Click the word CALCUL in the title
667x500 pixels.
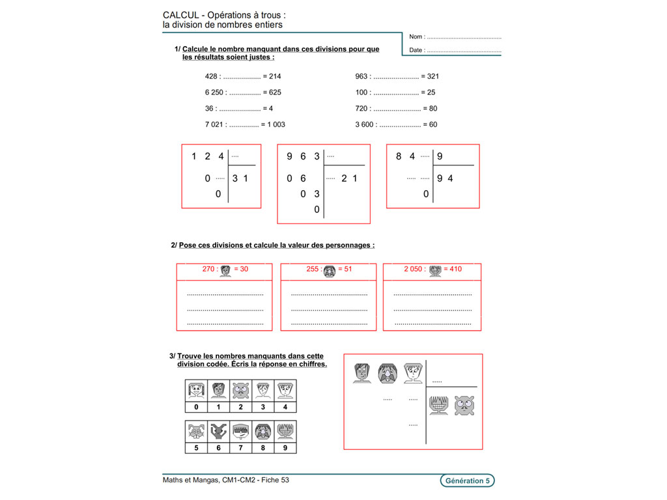181,14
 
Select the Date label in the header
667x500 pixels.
417,49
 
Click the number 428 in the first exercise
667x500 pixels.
211,76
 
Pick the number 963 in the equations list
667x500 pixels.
362,76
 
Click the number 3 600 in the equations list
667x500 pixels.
364,124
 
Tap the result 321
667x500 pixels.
432,76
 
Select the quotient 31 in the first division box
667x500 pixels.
241,178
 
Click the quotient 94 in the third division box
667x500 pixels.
446,178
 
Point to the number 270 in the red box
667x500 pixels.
210,269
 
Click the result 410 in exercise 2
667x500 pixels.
453,269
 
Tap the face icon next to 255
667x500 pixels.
329,270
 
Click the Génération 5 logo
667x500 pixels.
466,481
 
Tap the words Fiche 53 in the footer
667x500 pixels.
276,480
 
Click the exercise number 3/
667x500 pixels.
172,356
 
